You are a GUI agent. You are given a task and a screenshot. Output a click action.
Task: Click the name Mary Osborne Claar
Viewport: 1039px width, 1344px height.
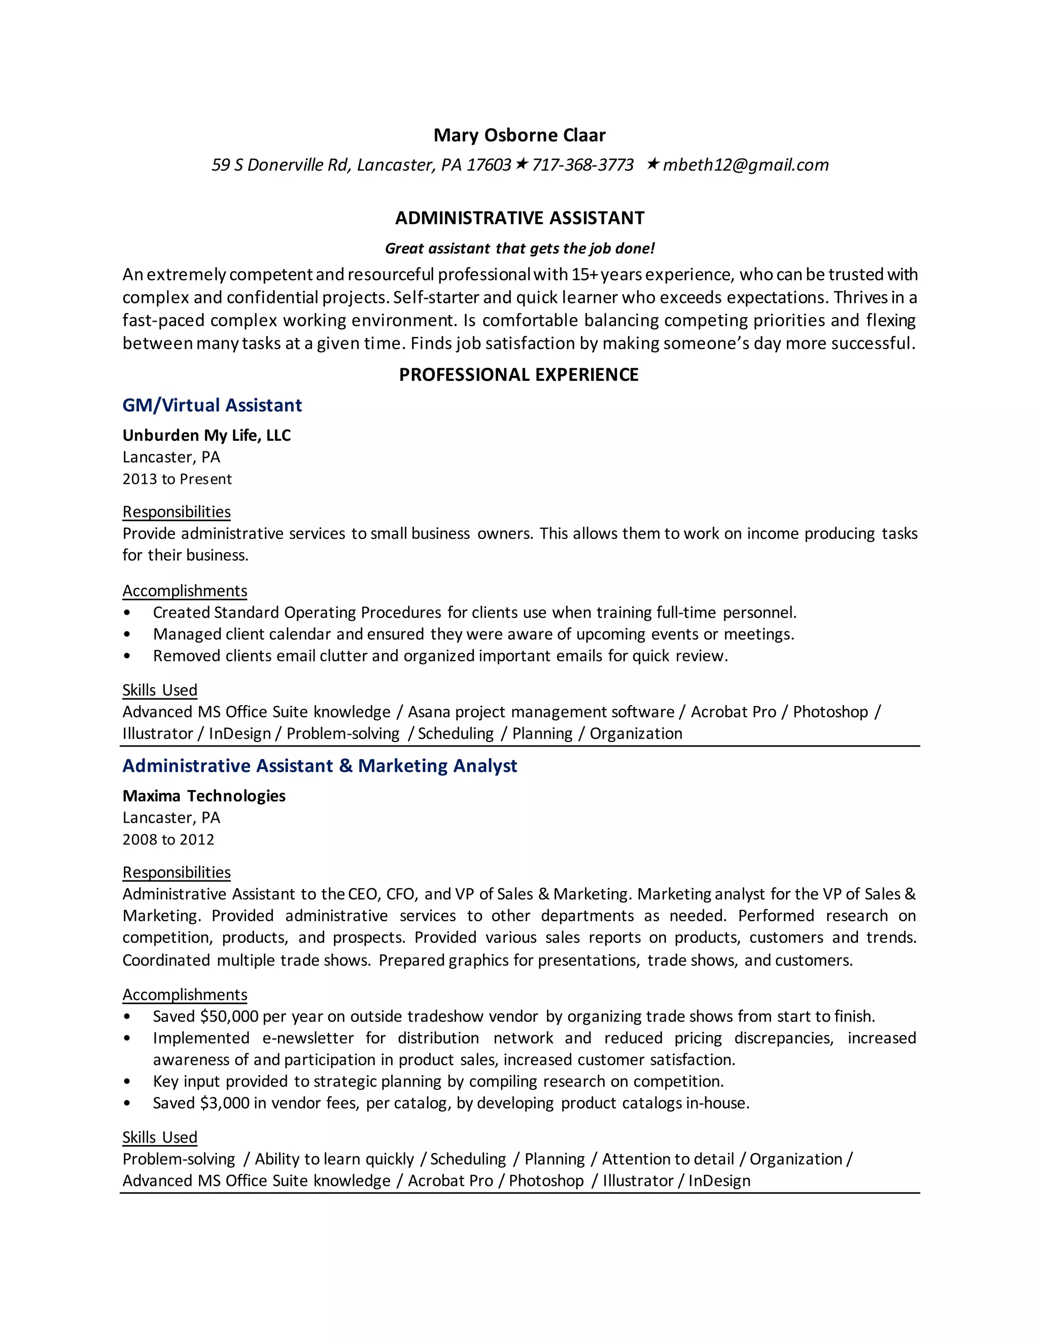pos(519,135)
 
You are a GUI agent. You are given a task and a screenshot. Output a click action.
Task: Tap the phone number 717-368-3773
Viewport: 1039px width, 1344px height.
pos(582,165)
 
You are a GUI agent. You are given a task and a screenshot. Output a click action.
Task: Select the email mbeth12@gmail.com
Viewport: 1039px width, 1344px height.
pos(745,165)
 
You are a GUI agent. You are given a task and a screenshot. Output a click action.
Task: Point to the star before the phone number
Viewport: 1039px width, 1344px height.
pos(522,164)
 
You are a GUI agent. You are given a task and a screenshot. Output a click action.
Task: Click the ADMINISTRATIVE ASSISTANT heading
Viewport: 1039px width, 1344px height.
pos(519,218)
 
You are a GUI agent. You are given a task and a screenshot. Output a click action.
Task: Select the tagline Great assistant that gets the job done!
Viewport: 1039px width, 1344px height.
pos(519,249)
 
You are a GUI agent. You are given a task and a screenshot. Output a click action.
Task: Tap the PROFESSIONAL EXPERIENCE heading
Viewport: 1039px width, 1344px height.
pos(519,375)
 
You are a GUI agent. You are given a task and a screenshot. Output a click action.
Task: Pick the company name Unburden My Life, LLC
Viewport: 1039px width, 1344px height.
pos(206,436)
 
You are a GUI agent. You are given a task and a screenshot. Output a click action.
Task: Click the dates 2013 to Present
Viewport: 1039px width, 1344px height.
pos(177,479)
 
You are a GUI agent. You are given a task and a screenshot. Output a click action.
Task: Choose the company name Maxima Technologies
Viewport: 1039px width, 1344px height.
pos(204,796)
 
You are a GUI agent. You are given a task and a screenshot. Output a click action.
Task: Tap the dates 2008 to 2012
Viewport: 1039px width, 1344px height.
pos(168,840)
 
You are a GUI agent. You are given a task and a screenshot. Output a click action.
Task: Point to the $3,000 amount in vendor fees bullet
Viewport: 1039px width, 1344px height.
pos(225,1104)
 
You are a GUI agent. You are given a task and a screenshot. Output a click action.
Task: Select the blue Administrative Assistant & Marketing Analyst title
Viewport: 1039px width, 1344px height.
pos(320,766)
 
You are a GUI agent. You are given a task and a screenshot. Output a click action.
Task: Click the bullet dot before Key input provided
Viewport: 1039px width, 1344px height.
pos(127,1082)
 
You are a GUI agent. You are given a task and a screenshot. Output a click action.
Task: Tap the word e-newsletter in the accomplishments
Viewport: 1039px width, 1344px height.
pos(308,1038)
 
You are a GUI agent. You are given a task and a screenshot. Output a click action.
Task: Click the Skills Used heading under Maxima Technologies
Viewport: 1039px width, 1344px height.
pos(159,1137)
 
